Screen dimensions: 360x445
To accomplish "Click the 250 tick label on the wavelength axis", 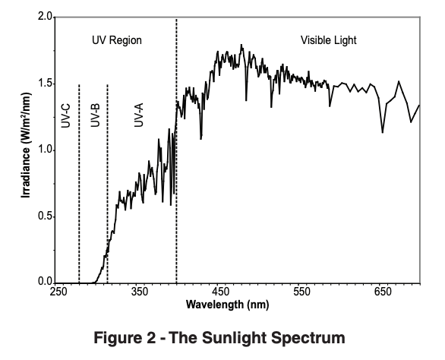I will click(x=58, y=292).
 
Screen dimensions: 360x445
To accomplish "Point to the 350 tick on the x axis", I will click(x=140, y=292).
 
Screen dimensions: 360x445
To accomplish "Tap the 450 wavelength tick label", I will click(x=220, y=292).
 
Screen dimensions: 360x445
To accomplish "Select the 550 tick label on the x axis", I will click(x=301, y=292).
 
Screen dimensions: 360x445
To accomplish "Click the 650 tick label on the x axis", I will click(x=382, y=292).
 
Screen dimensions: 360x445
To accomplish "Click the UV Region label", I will click(x=117, y=39).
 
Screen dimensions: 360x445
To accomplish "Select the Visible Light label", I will click(x=329, y=39).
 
